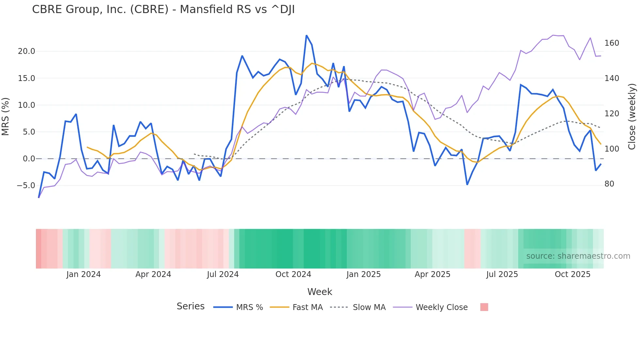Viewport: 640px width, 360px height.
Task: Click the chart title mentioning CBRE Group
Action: (163, 9)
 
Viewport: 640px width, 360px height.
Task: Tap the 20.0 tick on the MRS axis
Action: (26, 51)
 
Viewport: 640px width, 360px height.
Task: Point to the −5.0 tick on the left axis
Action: (26, 186)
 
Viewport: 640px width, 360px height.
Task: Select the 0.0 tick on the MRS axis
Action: (29, 159)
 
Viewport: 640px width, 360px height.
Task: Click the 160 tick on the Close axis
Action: (612, 43)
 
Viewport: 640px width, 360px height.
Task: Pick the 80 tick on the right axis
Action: (609, 184)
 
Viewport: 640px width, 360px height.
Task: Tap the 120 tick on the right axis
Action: (612, 114)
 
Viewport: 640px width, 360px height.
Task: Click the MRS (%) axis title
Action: (5, 117)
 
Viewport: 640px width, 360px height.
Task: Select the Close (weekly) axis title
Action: (632, 117)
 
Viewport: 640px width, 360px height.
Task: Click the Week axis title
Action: (320, 292)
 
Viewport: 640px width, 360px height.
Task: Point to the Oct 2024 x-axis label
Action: (293, 274)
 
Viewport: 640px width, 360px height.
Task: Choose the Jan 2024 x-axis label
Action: (83, 274)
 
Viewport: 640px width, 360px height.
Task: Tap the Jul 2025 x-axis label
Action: (502, 274)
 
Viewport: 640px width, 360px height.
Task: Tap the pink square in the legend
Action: (484, 307)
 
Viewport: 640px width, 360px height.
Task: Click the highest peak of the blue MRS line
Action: (306, 35)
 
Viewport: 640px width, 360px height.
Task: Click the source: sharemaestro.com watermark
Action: (578, 256)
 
